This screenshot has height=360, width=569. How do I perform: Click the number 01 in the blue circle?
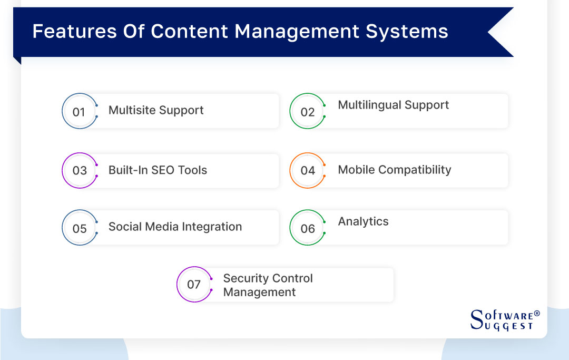pyautogui.click(x=79, y=112)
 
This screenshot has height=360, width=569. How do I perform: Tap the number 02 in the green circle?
pyautogui.click(x=307, y=112)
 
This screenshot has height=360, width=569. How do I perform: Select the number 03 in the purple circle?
pyautogui.click(x=80, y=171)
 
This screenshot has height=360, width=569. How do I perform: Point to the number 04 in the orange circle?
pyautogui.click(x=308, y=171)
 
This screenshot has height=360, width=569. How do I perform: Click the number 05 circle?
pyautogui.click(x=80, y=229)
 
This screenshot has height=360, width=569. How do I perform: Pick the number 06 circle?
pyautogui.click(x=308, y=229)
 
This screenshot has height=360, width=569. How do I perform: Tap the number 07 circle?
pyautogui.click(x=194, y=285)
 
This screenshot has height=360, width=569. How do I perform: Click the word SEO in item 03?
pyautogui.click(x=164, y=170)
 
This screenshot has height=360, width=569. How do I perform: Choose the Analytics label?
pyautogui.click(x=363, y=221)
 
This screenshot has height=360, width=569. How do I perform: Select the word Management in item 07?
pyautogui.click(x=259, y=293)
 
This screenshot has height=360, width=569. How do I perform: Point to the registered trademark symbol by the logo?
pyautogui.click(x=537, y=314)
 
